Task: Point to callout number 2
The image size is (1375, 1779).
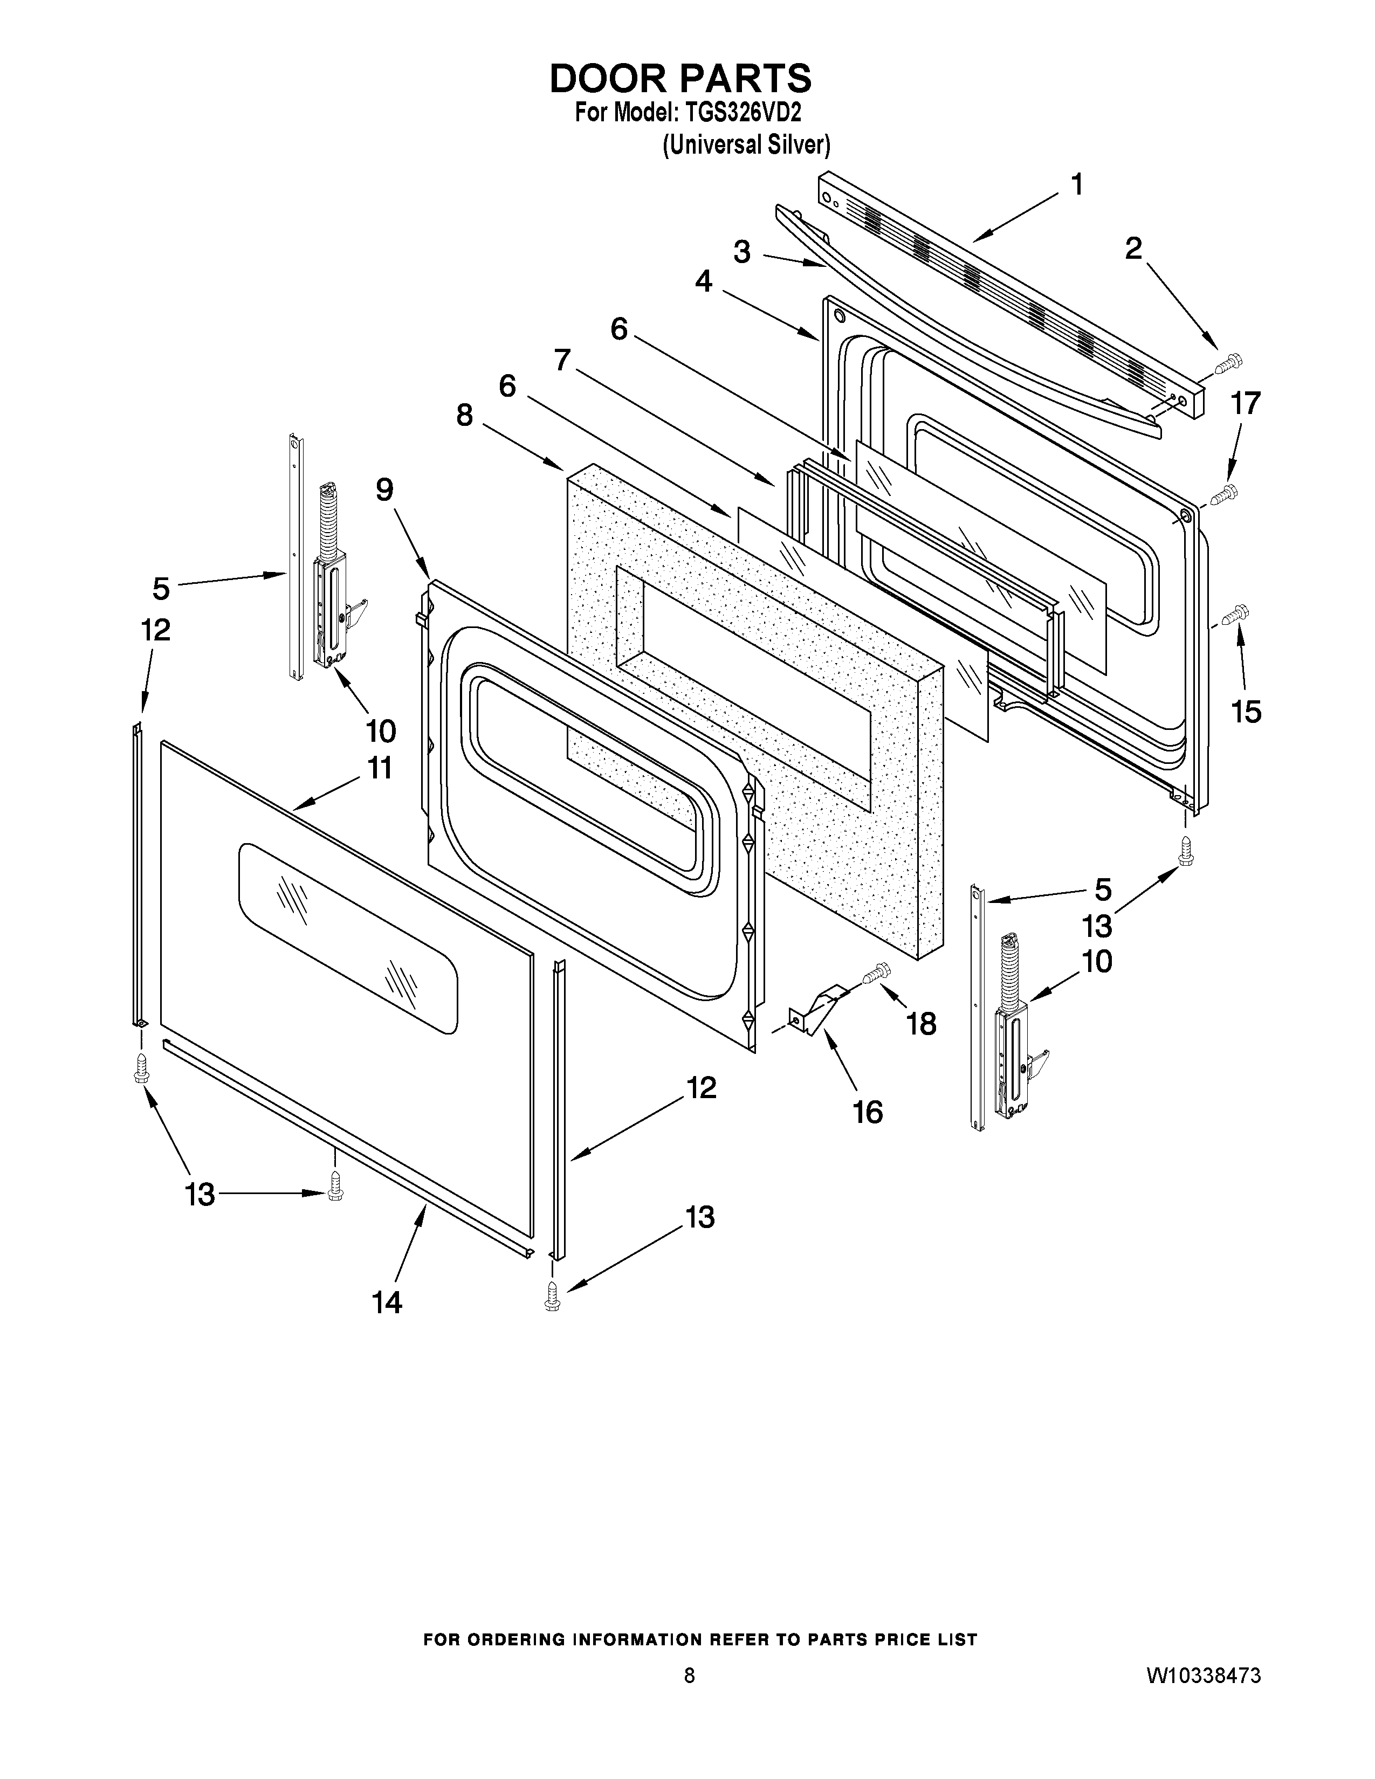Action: click(1133, 249)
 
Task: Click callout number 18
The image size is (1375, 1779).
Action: click(922, 1023)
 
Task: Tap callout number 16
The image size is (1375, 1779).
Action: click(868, 1111)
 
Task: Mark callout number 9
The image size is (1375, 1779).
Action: click(384, 489)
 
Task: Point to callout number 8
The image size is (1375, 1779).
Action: click(464, 416)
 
